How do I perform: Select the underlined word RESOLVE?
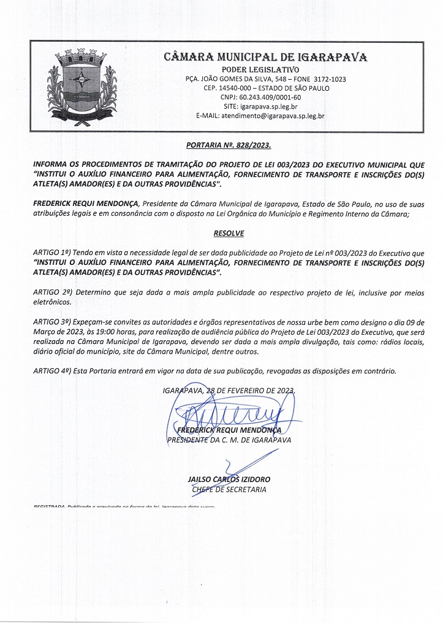click(x=221, y=234)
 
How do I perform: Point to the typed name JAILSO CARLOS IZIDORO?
click(x=229, y=478)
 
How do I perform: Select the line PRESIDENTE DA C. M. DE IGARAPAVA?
click(x=229, y=440)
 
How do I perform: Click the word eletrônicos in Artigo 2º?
click(x=53, y=302)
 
